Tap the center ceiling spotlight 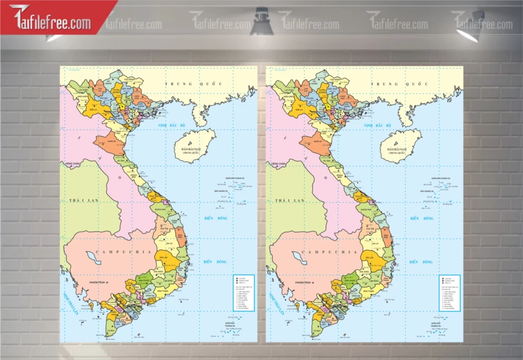(x=262, y=22)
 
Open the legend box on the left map (x=244, y=293)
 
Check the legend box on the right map (x=450, y=293)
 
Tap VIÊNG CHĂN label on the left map (x=73, y=164)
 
